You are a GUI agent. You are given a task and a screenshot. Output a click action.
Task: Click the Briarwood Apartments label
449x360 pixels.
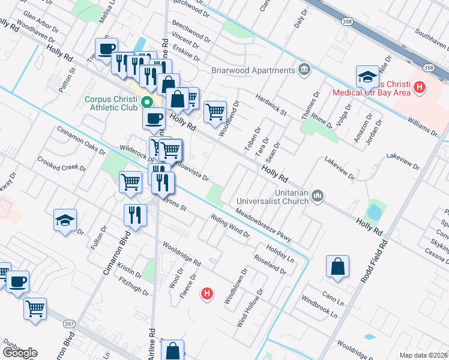252,70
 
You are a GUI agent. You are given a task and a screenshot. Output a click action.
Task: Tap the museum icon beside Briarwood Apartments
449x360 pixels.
304,70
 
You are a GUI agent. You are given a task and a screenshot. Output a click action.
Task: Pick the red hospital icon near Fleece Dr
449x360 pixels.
207,294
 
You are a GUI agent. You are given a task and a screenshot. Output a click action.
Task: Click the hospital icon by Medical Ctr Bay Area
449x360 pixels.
420,88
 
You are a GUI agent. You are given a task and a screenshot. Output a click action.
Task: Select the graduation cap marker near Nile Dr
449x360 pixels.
367,77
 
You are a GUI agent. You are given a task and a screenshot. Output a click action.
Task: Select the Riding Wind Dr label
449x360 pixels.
230,226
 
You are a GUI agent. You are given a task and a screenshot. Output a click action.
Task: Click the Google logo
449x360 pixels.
20,353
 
